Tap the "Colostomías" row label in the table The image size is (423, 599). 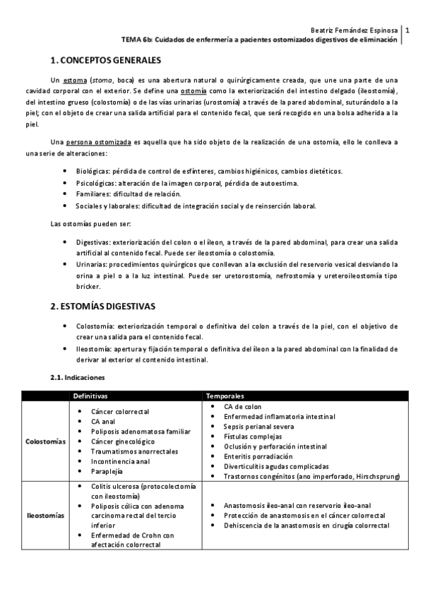tap(45, 441)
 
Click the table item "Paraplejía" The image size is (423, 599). tap(107, 471)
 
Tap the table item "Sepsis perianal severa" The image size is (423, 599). tap(257, 427)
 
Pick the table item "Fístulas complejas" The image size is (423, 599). tap(251, 437)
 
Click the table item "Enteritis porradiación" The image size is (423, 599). tap(256, 456)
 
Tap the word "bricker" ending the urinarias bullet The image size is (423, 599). tap(87, 287)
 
